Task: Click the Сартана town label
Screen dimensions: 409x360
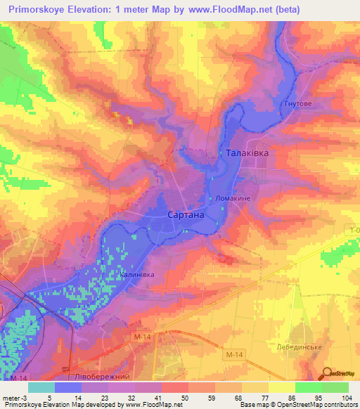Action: pyautogui.click(x=186, y=215)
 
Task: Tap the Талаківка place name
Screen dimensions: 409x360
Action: pyautogui.click(x=246, y=152)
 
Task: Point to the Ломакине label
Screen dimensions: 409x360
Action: pyautogui.click(x=233, y=198)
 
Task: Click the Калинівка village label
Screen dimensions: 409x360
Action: pyautogui.click(x=136, y=275)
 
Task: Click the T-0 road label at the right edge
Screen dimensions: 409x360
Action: pyautogui.click(x=353, y=230)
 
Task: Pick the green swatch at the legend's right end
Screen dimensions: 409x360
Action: pyautogui.click(x=336, y=387)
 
